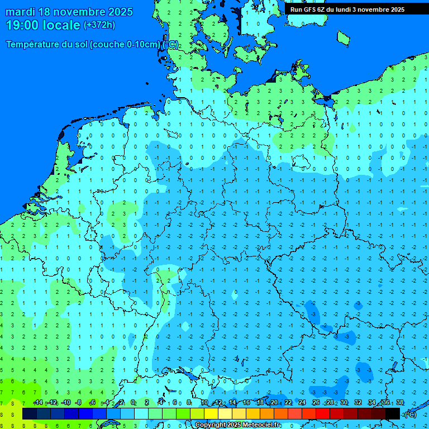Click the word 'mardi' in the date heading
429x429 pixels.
tap(22, 12)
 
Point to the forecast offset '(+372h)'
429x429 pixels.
tap(99, 25)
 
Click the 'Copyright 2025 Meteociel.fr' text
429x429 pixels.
tap(237, 425)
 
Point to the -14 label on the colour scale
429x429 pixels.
tap(38, 403)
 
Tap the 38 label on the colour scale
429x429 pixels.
tap(399, 403)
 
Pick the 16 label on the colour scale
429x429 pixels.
tap(246, 403)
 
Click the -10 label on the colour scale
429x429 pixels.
tap(65, 403)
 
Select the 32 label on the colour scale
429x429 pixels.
tap(357, 403)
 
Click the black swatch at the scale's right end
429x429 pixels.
tap(393, 413)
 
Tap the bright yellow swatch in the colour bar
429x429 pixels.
tap(211, 413)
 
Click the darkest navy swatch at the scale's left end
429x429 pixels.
tap(30, 413)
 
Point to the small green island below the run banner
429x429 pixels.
tap(343, 37)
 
